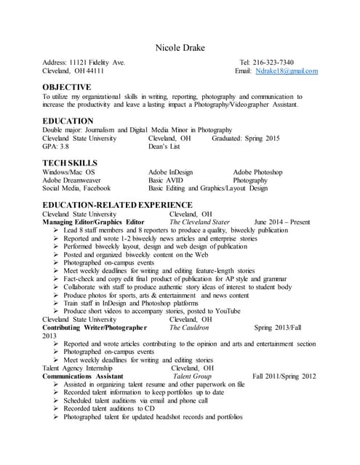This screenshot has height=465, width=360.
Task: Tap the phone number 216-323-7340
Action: (x=270, y=62)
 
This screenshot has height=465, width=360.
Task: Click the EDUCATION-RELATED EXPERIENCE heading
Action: (x=117, y=206)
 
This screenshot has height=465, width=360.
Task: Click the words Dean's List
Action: (x=168, y=146)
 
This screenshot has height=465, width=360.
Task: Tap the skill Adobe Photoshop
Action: (x=257, y=172)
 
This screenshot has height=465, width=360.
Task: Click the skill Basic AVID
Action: (x=167, y=180)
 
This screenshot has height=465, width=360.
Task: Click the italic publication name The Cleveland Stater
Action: (x=199, y=222)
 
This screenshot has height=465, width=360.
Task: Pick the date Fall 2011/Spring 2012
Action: (x=284, y=376)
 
